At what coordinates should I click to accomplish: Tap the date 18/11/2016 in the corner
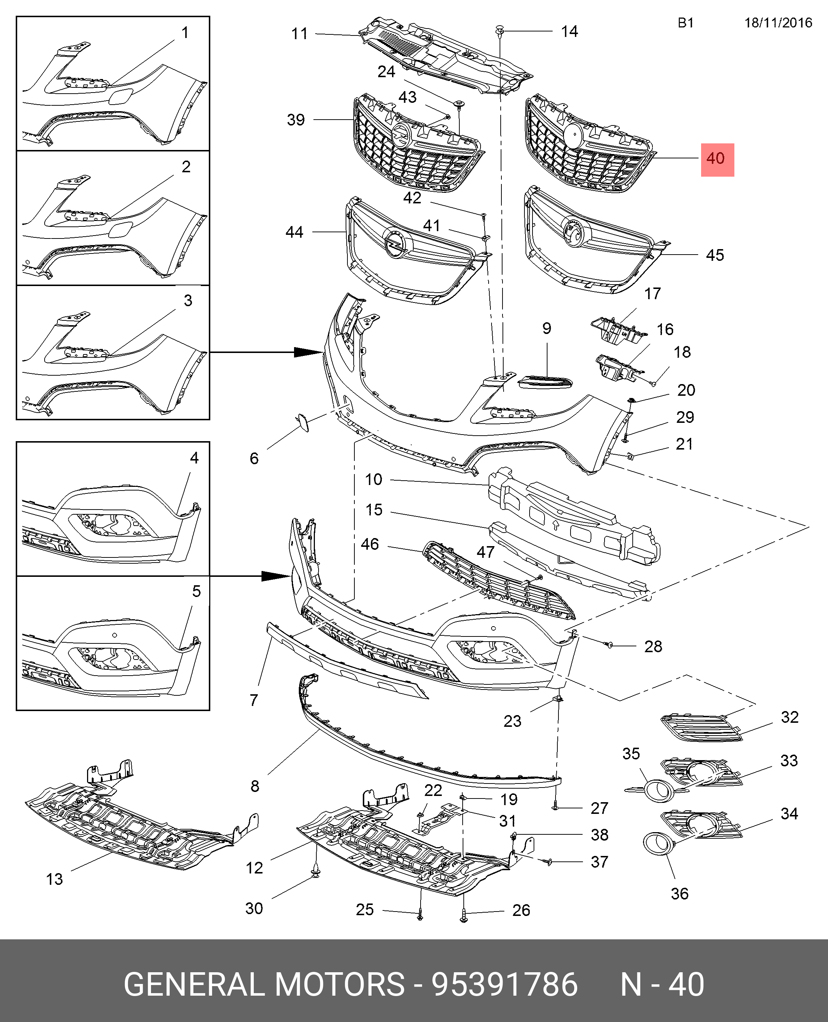tap(778, 23)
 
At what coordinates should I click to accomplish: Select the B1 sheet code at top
tap(685, 23)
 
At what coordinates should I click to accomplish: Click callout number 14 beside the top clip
tap(569, 31)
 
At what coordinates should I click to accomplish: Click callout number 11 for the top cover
tap(300, 34)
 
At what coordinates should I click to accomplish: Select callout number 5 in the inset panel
tap(196, 591)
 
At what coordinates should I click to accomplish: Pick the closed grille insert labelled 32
tap(701, 728)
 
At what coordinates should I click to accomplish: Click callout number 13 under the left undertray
tap(55, 879)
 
